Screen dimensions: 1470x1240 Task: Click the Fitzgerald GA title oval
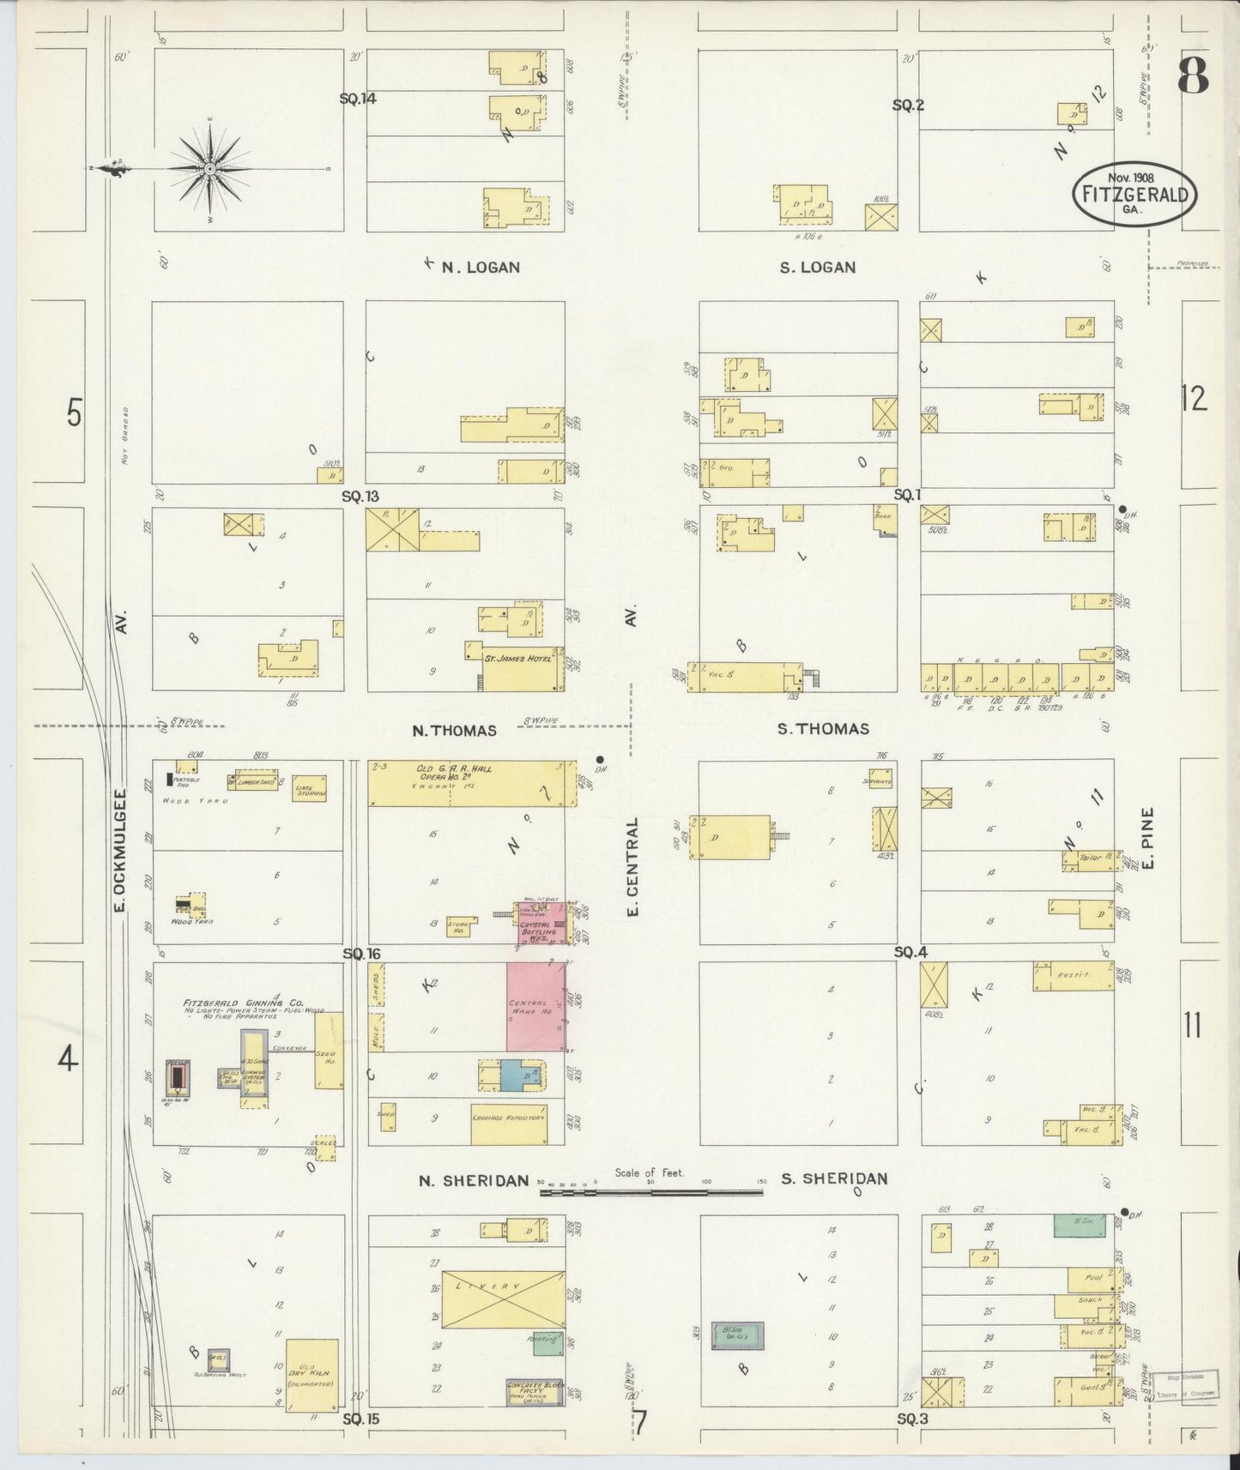pos(1134,194)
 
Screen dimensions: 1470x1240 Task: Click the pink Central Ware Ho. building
pos(535,1006)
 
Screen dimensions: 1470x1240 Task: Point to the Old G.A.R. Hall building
pos(467,782)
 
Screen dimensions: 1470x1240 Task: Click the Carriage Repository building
pos(508,1124)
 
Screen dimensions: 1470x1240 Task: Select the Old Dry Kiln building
pos(312,1376)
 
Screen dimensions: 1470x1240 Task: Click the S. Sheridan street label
pos(833,1178)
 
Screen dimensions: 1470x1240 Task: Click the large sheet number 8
pos(1193,76)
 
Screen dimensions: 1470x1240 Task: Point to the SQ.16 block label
pos(360,954)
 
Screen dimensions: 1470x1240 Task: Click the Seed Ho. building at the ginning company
pos(328,1051)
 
